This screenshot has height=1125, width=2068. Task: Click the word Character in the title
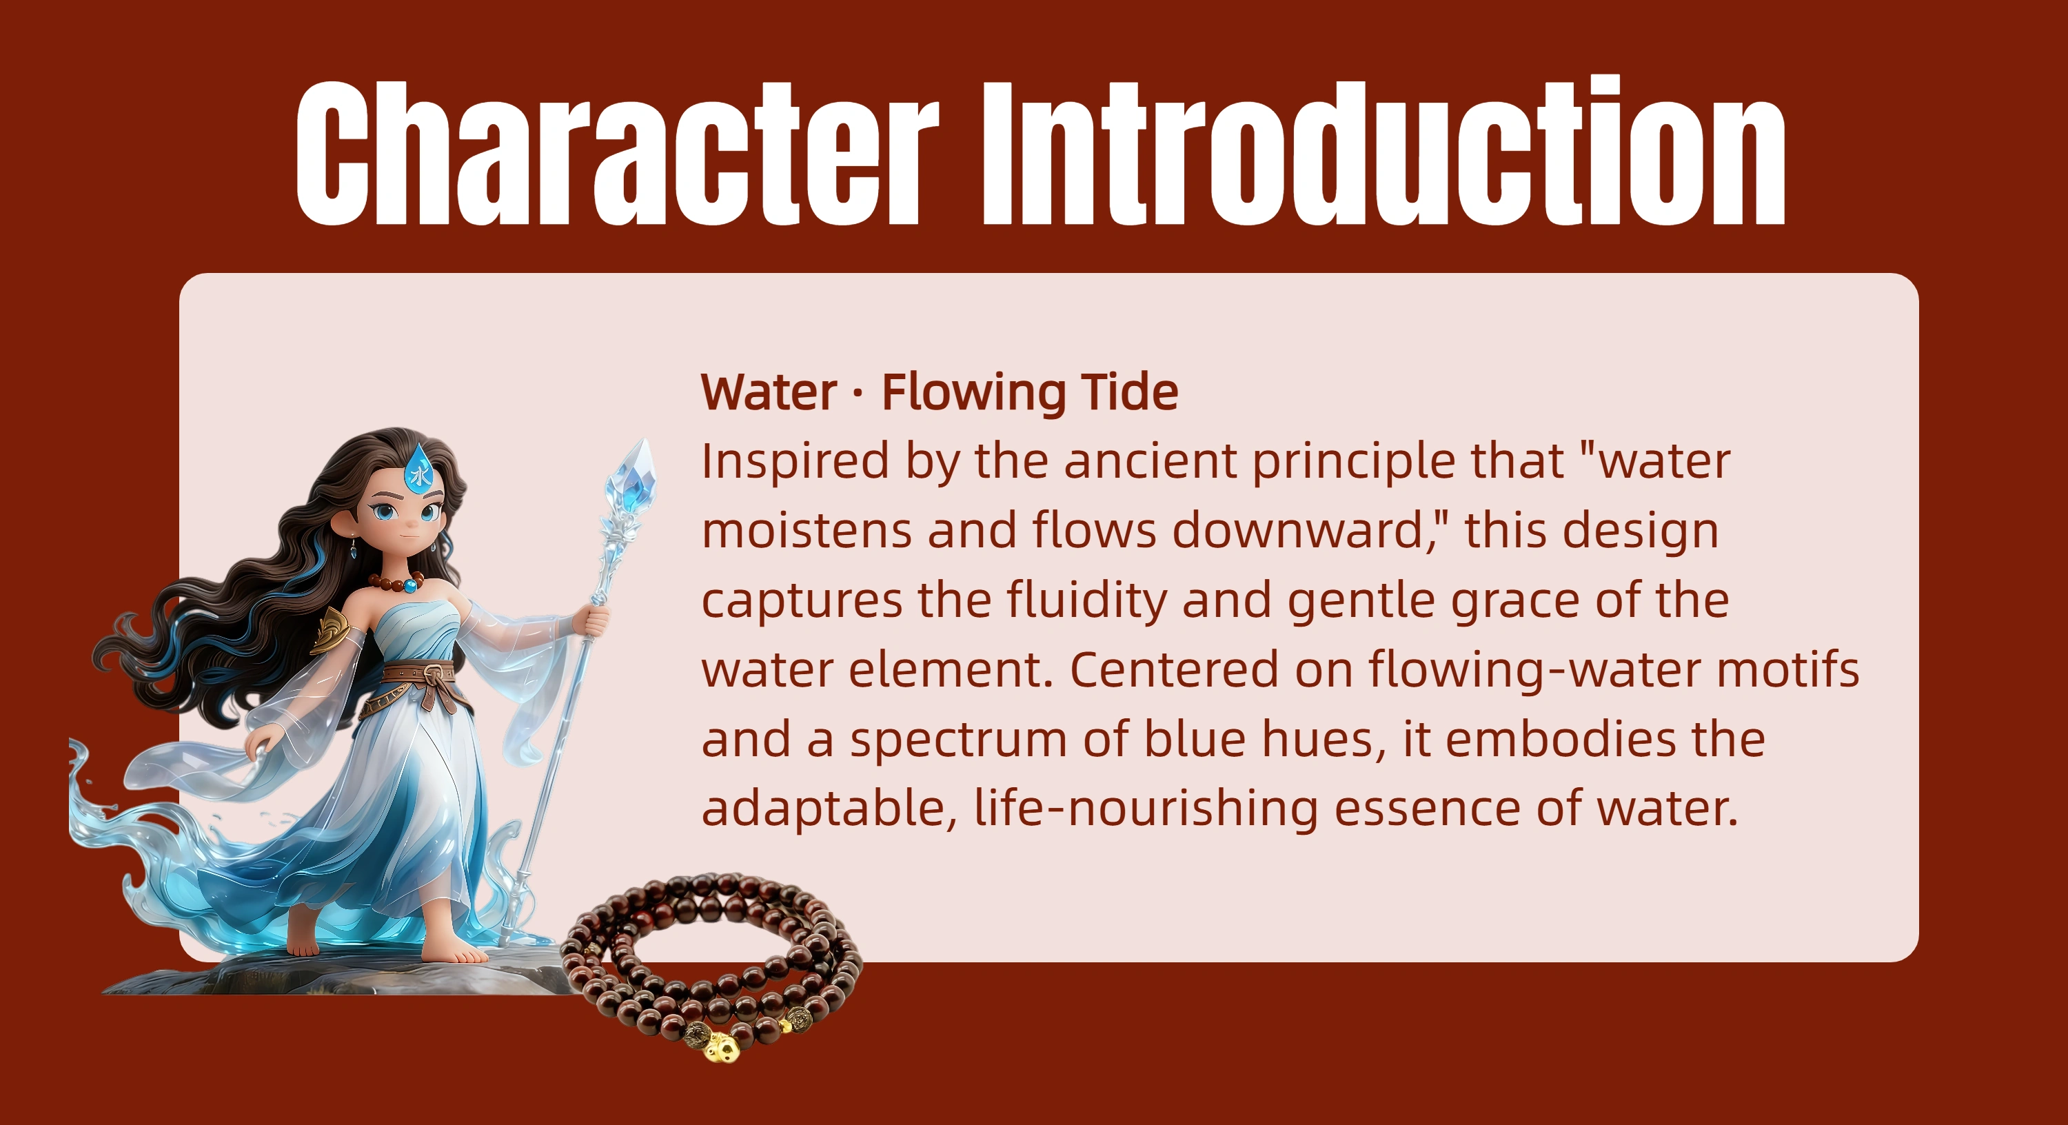(618, 152)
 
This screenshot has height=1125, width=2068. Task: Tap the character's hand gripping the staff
(595, 620)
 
